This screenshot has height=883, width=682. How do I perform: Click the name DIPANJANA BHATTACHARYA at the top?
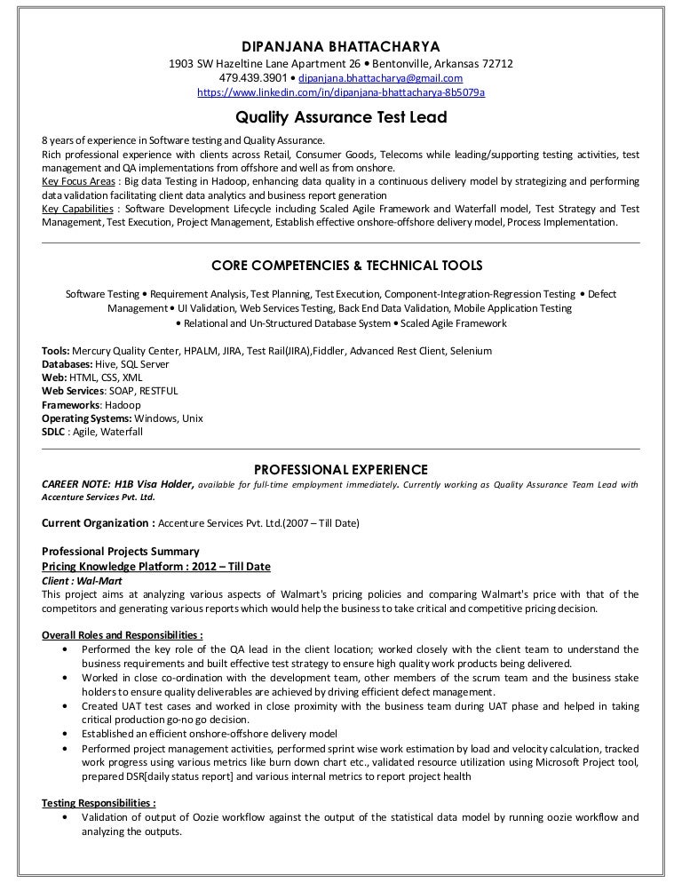coord(342,46)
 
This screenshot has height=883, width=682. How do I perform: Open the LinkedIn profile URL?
coord(340,92)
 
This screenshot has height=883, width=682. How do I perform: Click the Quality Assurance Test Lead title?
coord(341,116)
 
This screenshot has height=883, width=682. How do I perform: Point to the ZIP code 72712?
coord(495,64)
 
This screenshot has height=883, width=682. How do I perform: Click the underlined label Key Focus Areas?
coord(77,180)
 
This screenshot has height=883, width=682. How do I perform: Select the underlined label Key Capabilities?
coord(77,209)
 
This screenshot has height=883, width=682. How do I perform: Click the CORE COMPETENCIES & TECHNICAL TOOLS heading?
coord(342,265)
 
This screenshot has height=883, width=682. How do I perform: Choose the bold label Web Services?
coord(74,391)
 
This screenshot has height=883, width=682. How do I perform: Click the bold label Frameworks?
coord(71,405)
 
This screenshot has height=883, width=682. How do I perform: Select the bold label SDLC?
coord(56,432)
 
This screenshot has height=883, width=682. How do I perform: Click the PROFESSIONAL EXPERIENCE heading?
coord(341,468)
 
